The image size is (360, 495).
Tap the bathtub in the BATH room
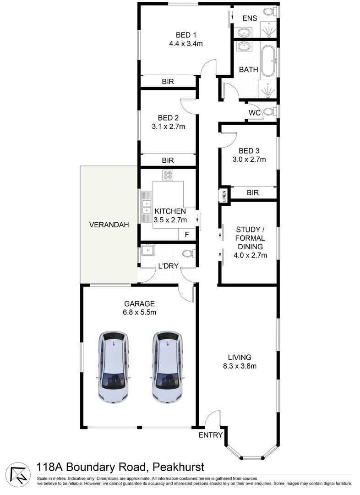(x=269, y=60)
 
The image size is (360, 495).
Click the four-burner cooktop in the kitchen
(x=167, y=175)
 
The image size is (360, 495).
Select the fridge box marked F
(x=186, y=234)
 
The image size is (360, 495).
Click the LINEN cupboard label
(x=224, y=195)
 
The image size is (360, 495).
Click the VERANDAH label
(x=109, y=225)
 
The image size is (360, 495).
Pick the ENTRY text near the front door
(x=210, y=435)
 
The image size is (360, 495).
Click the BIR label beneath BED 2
(x=168, y=160)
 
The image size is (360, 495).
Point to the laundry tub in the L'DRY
(x=148, y=250)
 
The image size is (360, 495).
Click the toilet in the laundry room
(x=188, y=253)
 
